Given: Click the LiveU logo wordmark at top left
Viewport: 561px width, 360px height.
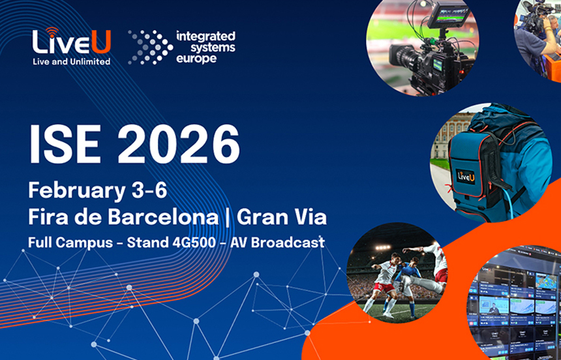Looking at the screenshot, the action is [x=72, y=42].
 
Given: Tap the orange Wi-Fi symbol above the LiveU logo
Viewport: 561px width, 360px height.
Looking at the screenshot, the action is [x=52, y=31].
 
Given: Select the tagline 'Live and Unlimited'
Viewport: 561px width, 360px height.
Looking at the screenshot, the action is [x=72, y=61].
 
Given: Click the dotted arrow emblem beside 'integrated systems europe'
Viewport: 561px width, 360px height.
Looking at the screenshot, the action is [x=150, y=47].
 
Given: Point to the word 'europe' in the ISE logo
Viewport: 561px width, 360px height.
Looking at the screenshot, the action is [x=196, y=58].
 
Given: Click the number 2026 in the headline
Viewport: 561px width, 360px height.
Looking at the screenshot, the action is [x=179, y=144].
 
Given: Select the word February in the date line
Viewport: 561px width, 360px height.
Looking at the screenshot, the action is [x=71, y=191].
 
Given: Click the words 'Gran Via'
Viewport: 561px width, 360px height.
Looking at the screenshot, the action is [x=282, y=217].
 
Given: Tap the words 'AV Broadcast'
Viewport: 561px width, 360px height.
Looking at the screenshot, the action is [x=277, y=242].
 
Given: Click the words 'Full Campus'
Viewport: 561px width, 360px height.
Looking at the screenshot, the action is [x=70, y=243].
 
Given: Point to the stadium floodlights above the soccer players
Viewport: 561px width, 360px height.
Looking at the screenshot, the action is [x=383, y=247].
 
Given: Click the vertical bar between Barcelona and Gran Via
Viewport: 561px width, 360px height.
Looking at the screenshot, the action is [x=228, y=217].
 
